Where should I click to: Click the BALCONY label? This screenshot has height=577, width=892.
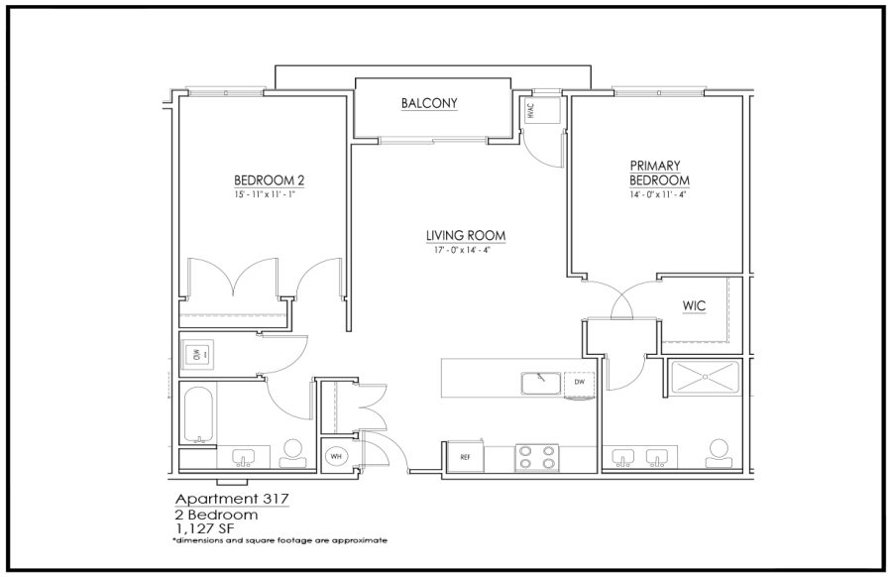(x=429, y=103)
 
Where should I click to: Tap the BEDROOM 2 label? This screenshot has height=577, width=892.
(x=269, y=181)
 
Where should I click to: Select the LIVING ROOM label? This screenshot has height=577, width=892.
(x=466, y=236)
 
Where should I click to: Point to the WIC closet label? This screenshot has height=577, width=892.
(x=694, y=305)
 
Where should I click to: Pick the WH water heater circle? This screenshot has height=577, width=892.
(x=336, y=456)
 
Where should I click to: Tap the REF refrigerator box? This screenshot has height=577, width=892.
(x=466, y=456)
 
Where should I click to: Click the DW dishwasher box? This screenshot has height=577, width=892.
(x=579, y=383)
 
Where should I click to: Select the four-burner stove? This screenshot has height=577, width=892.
(x=536, y=457)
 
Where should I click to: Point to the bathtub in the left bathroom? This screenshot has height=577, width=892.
(x=198, y=414)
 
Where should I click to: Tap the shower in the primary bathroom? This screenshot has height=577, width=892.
(x=705, y=377)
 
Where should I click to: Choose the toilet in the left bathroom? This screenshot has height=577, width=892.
(x=293, y=453)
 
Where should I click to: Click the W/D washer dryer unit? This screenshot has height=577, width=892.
(x=197, y=355)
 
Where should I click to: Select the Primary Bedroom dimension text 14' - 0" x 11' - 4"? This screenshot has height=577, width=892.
(x=659, y=194)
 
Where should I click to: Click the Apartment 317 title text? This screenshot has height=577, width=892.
(x=232, y=499)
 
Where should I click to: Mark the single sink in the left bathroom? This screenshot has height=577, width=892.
(x=245, y=457)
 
